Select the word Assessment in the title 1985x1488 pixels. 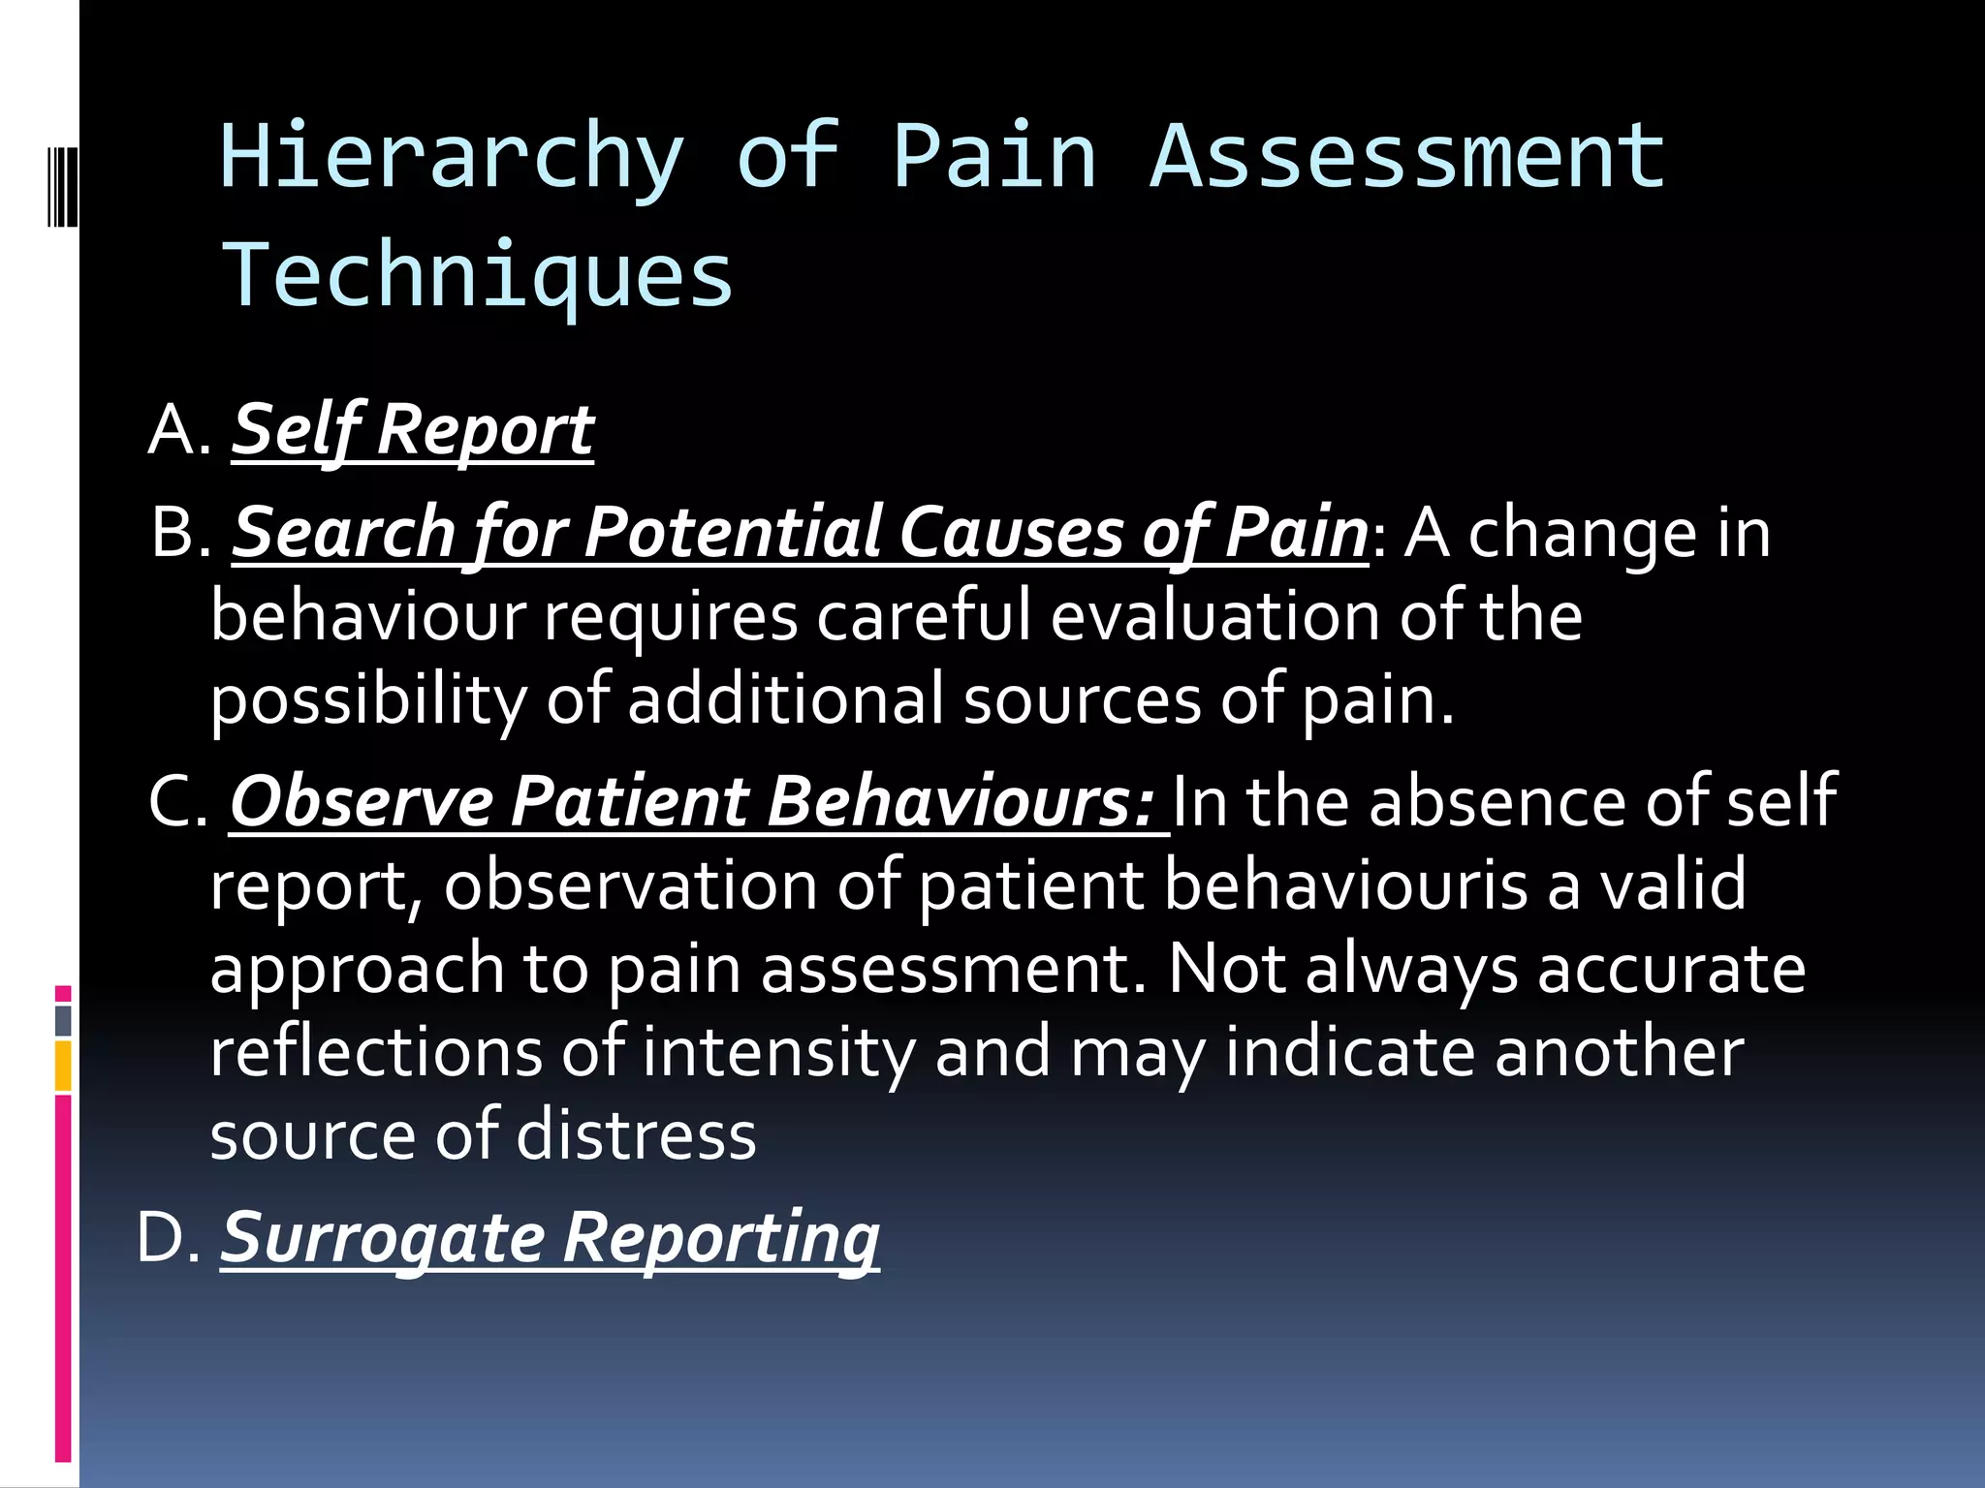(x=1407, y=157)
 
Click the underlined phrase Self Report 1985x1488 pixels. (x=412, y=430)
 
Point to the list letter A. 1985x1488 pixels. (x=174, y=430)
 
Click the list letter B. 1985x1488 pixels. (x=175, y=534)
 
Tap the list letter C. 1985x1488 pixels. (x=173, y=803)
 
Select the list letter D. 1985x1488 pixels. (x=163, y=1239)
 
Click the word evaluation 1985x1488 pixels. (x=1214, y=617)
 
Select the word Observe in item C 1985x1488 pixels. (x=361, y=803)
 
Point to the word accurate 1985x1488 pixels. (x=1671, y=970)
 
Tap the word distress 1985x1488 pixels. (x=636, y=1136)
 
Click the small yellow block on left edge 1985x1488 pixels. (x=63, y=1066)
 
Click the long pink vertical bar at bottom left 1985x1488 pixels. (x=63, y=1279)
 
